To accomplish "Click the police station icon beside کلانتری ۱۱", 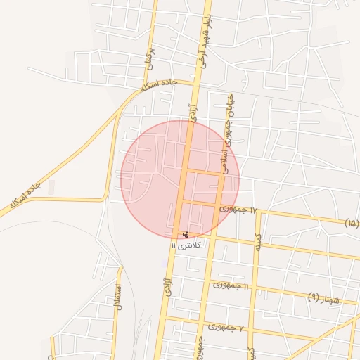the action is (185, 233).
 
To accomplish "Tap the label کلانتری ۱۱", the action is (185, 245).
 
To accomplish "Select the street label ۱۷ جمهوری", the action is (240, 210).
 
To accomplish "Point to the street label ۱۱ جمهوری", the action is (231, 285).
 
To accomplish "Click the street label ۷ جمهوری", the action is (226, 328).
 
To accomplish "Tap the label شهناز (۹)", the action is (323, 298).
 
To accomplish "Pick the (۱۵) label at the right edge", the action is (352, 224).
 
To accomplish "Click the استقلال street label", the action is (120, 298).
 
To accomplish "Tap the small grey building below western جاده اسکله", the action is (51, 187).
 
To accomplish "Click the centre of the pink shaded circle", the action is (180, 179).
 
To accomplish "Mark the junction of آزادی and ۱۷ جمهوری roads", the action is (179, 202).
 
